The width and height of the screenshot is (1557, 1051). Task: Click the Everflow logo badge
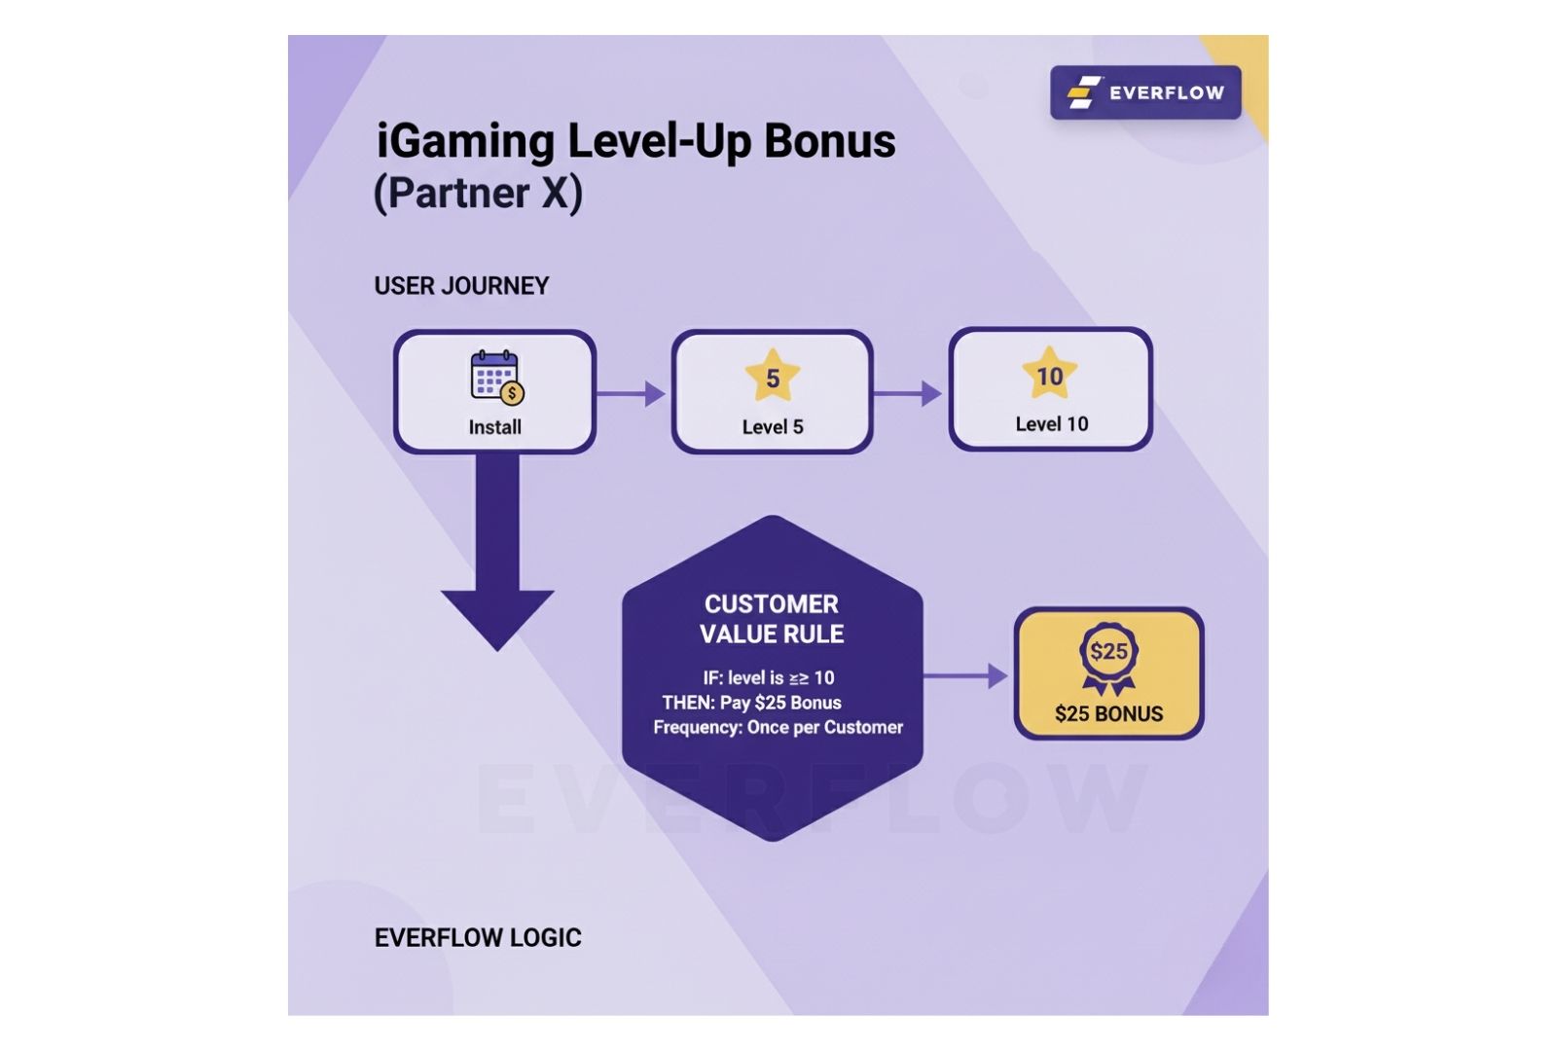click(x=1145, y=92)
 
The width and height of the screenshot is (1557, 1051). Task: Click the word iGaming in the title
click(x=464, y=142)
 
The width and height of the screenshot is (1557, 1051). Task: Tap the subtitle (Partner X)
click(x=478, y=193)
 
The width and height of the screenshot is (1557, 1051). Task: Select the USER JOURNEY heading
click(x=461, y=286)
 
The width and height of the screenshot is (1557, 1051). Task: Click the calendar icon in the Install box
click(x=496, y=377)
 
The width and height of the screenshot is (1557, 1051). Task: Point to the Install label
click(x=494, y=427)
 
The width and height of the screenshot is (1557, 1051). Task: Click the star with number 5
click(x=773, y=377)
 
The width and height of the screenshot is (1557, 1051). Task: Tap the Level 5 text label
click(x=773, y=427)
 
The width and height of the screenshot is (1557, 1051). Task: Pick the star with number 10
click(x=1049, y=375)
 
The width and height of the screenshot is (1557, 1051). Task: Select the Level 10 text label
click(x=1051, y=424)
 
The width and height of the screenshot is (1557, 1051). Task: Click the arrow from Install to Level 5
click(x=632, y=394)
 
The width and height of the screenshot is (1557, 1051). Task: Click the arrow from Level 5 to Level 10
click(x=908, y=394)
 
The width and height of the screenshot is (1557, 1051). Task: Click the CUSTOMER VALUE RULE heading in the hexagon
click(x=772, y=619)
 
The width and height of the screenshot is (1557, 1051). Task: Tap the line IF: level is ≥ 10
click(x=769, y=678)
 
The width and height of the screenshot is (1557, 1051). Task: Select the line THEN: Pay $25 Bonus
click(x=751, y=703)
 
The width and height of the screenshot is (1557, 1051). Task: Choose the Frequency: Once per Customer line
click(x=778, y=728)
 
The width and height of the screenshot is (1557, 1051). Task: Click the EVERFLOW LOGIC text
click(x=478, y=938)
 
